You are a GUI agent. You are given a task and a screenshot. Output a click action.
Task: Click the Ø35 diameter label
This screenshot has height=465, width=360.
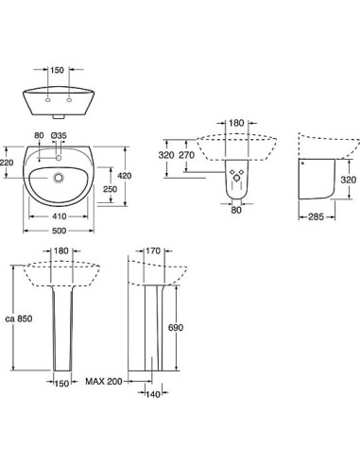pos(59,135)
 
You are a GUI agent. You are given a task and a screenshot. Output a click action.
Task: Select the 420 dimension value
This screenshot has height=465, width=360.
pos(125,176)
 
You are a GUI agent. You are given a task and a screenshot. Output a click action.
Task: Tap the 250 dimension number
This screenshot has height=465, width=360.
pos(111,189)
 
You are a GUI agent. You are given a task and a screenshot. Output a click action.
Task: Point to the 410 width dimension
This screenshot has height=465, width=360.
pos(60,216)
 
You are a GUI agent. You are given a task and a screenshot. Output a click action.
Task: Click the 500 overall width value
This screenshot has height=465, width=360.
pos(60,231)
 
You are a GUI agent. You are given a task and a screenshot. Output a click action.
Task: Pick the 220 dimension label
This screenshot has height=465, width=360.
pos(7,163)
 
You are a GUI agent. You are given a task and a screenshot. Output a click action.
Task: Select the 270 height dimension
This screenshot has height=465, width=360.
pos(187,155)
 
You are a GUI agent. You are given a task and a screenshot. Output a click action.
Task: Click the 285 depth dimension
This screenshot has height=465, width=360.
pos(316,216)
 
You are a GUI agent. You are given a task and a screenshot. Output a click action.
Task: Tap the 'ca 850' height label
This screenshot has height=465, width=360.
pos(19,319)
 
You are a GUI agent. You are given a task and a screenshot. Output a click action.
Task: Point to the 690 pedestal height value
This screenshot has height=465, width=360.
pos(176,328)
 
